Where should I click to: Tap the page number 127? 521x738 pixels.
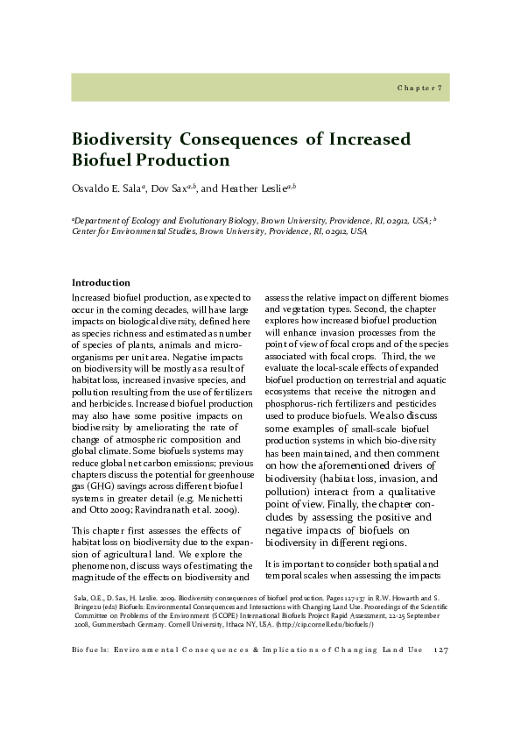click(x=440, y=649)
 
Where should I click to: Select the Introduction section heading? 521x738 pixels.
click(x=100, y=282)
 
